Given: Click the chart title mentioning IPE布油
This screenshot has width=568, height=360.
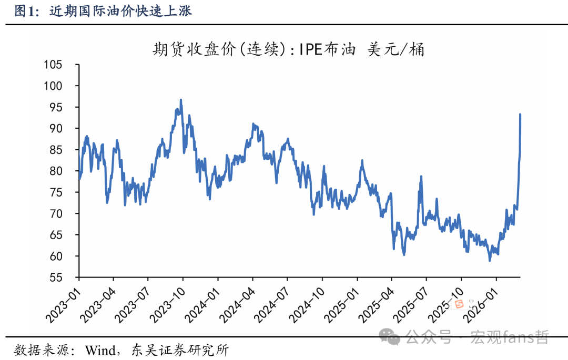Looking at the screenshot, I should pos(288,50).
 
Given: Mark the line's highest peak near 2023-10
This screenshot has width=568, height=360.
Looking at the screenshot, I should pos(181,99).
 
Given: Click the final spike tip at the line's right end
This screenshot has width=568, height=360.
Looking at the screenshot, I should pos(520,114).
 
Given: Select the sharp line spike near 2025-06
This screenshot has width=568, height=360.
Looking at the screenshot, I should pos(421,177).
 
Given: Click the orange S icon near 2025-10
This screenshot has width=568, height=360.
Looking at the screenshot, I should pos(457,303).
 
